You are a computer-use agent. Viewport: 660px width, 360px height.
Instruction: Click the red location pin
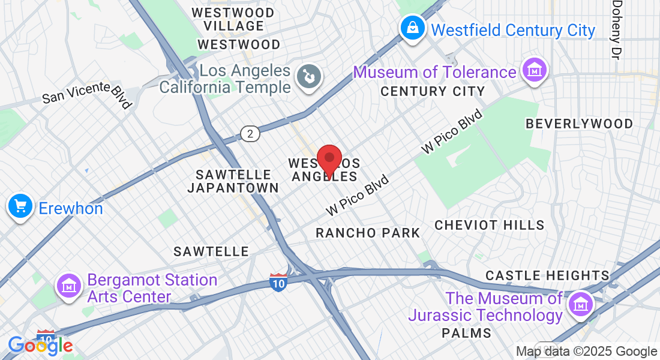pyautogui.click(x=329, y=160)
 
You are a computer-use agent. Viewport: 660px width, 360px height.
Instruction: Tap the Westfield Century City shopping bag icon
pyautogui.click(x=413, y=29)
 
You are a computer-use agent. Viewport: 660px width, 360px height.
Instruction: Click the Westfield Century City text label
pyautogui.click(x=513, y=30)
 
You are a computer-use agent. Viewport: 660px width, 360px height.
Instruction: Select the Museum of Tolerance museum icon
pyautogui.click(x=533, y=71)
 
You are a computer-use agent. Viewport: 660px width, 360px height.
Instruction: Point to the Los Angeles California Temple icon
pyautogui.click(x=310, y=77)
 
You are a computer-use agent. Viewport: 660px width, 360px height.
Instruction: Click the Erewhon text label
pyautogui.click(x=71, y=208)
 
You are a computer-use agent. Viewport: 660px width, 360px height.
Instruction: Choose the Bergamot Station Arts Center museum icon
pyautogui.click(x=70, y=285)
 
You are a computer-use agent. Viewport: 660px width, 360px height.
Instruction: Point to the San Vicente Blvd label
pyautogui.click(x=87, y=95)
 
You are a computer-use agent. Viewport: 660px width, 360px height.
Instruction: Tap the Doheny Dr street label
pyautogui.click(x=616, y=29)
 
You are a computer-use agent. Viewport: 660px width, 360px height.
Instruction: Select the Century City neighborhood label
pyautogui.click(x=433, y=92)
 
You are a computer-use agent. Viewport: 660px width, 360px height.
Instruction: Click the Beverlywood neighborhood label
pyautogui.click(x=579, y=124)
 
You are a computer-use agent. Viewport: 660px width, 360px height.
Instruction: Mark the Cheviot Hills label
pyautogui.click(x=490, y=225)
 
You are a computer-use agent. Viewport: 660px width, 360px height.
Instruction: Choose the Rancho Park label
pyautogui.click(x=368, y=233)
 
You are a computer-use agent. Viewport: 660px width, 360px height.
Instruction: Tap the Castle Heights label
pyautogui.click(x=547, y=275)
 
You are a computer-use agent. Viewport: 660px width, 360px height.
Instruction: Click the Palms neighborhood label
pyautogui.click(x=466, y=332)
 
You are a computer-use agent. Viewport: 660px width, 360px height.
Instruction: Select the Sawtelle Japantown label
pyautogui.click(x=233, y=181)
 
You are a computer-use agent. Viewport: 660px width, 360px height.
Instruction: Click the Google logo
pyautogui.click(x=40, y=345)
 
